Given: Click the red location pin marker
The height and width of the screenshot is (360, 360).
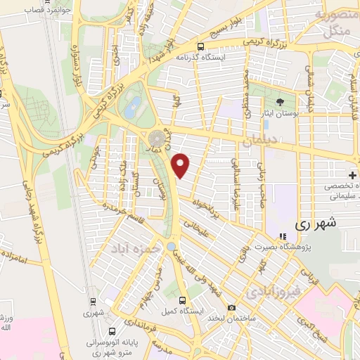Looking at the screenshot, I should click(181, 165).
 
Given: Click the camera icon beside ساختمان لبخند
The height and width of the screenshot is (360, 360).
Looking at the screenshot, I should click(232, 307).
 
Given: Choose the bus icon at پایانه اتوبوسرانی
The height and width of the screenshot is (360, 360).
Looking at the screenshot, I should click(113, 330).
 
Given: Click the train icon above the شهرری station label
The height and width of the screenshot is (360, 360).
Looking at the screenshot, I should click(92, 301).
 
